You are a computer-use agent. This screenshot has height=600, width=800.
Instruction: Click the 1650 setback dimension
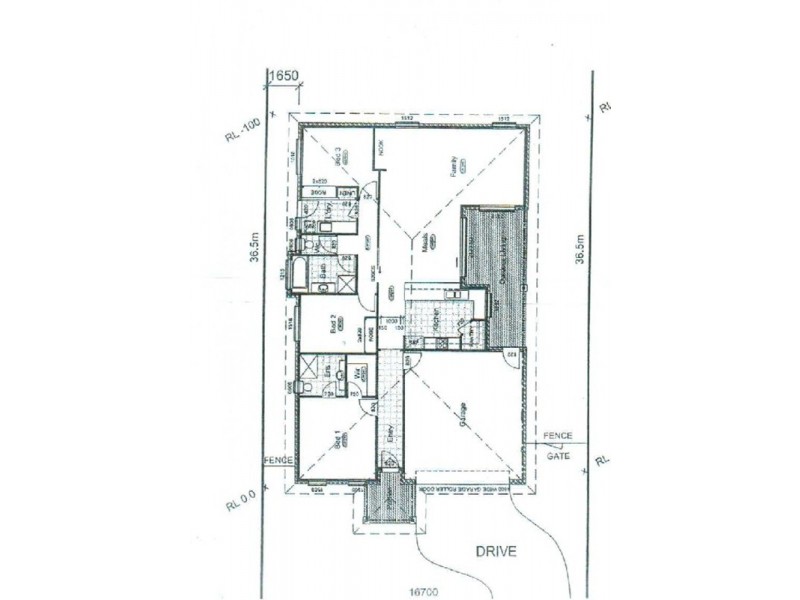tap(283, 75)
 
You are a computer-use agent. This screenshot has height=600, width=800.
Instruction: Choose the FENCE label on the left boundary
tap(276, 459)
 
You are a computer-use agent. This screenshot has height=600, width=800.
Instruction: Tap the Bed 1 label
tap(340, 439)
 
